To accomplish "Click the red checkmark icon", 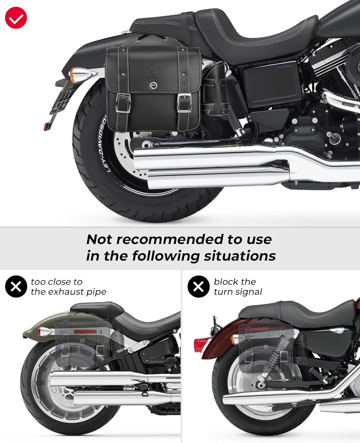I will click(16, 18).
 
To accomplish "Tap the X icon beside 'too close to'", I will click(16, 286).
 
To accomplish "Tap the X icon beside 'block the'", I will click(198, 286).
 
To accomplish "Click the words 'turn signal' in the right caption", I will click(238, 292).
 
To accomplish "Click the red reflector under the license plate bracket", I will click(46, 127).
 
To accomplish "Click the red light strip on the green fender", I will click(84, 332).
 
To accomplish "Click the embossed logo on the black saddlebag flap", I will click(153, 73).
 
